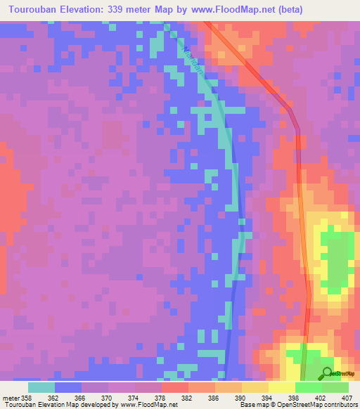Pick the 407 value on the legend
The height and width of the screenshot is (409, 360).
click(x=347, y=397)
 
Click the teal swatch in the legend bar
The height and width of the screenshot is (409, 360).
click(x=41, y=387)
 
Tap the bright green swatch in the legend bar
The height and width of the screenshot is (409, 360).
click(x=309, y=387)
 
